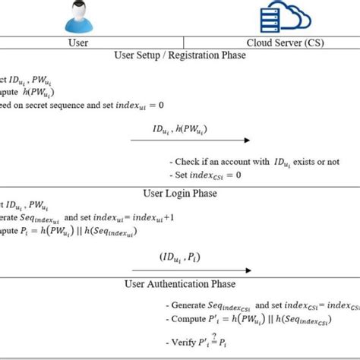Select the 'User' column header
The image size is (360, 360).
(78, 43)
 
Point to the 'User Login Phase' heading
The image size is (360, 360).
(181, 194)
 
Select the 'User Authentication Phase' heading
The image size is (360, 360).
(181, 284)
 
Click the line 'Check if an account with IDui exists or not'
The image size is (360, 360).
(254, 162)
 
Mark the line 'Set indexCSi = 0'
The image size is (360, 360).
(205, 175)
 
